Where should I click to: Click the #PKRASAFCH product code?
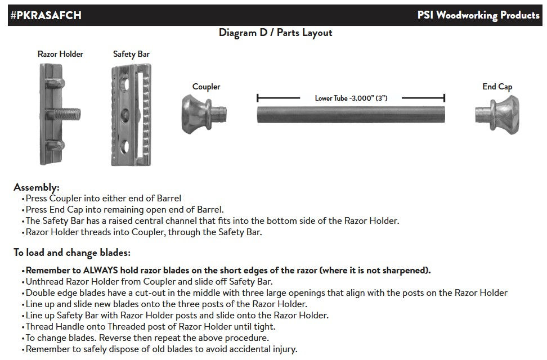pyautogui.click(x=46, y=15)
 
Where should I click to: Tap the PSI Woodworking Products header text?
pyautogui.click(x=478, y=15)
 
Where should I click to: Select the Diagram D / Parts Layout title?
pyautogui.click(x=275, y=33)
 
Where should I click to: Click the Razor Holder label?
pyautogui.click(x=60, y=54)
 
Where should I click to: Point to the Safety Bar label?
pyautogui.click(x=131, y=54)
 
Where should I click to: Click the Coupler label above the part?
pyautogui.click(x=206, y=87)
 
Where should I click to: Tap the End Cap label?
pyautogui.click(x=497, y=87)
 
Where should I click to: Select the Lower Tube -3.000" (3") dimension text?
pyautogui.click(x=351, y=98)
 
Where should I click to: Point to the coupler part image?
pyautogui.click(x=204, y=115)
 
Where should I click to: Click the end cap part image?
pyautogui.click(x=497, y=114)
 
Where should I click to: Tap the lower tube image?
pyautogui.click(x=351, y=115)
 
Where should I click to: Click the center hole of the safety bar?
pyautogui.click(x=124, y=114)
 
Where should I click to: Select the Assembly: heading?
pyautogui.click(x=36, y=187)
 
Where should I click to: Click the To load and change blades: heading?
pyautogui.click(x=72, y=253)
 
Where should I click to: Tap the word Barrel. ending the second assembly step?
pyautogui.click(x=210, y=210)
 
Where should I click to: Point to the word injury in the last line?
pyautogui.click(x=284, y=349)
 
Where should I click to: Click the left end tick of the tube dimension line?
pyautogui.click(x=257, y=98)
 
